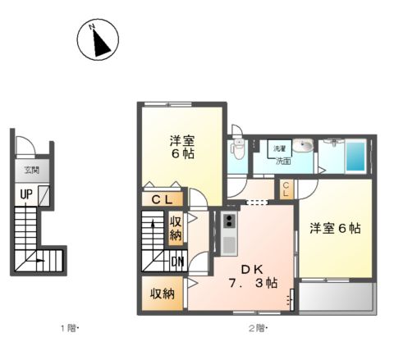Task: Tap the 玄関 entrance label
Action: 31,171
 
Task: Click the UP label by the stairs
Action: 27,194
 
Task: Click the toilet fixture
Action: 238,148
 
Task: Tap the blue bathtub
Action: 355,157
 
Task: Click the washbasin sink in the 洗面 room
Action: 303,147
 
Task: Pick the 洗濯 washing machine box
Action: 280,148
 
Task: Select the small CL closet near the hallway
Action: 285,189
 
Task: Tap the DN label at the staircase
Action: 177,263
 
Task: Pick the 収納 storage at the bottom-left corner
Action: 162,294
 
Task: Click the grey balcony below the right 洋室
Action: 337,297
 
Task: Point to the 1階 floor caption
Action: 67,329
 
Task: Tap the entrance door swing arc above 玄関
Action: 26,148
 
